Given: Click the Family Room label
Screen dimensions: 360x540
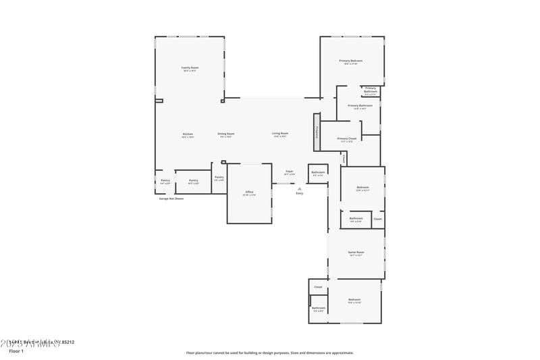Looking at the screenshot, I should coord(190,68).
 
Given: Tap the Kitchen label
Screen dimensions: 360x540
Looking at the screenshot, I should coord(188,134).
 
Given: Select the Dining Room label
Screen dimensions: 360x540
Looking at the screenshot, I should coord(226,134).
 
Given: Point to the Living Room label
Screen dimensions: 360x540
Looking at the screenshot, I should coord(280,134).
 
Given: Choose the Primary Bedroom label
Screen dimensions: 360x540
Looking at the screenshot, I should coord(350,61).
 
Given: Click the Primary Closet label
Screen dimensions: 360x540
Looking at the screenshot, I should coord(347,138).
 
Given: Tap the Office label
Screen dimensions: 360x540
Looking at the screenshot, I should coord(249,192).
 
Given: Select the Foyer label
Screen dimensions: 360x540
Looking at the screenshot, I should coord(289,172).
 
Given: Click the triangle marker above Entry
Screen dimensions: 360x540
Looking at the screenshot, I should coord(299,188).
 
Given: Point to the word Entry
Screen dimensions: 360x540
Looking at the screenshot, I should coord(299,194).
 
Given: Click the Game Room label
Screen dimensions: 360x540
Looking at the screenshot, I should coord(356,253).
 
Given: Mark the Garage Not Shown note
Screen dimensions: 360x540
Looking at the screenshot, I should coord(171,199).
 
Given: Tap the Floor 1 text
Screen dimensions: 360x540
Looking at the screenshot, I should coord(16,351).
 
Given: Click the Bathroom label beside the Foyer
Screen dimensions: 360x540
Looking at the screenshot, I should coord(318,173).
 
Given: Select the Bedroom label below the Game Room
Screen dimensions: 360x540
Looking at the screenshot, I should coord(354,299).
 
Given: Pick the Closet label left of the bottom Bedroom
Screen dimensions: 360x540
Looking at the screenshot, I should coord(318,287).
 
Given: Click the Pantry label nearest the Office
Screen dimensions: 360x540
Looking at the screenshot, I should coord(219,177).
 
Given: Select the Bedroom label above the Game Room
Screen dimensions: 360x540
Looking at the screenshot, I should coord(362,187).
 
